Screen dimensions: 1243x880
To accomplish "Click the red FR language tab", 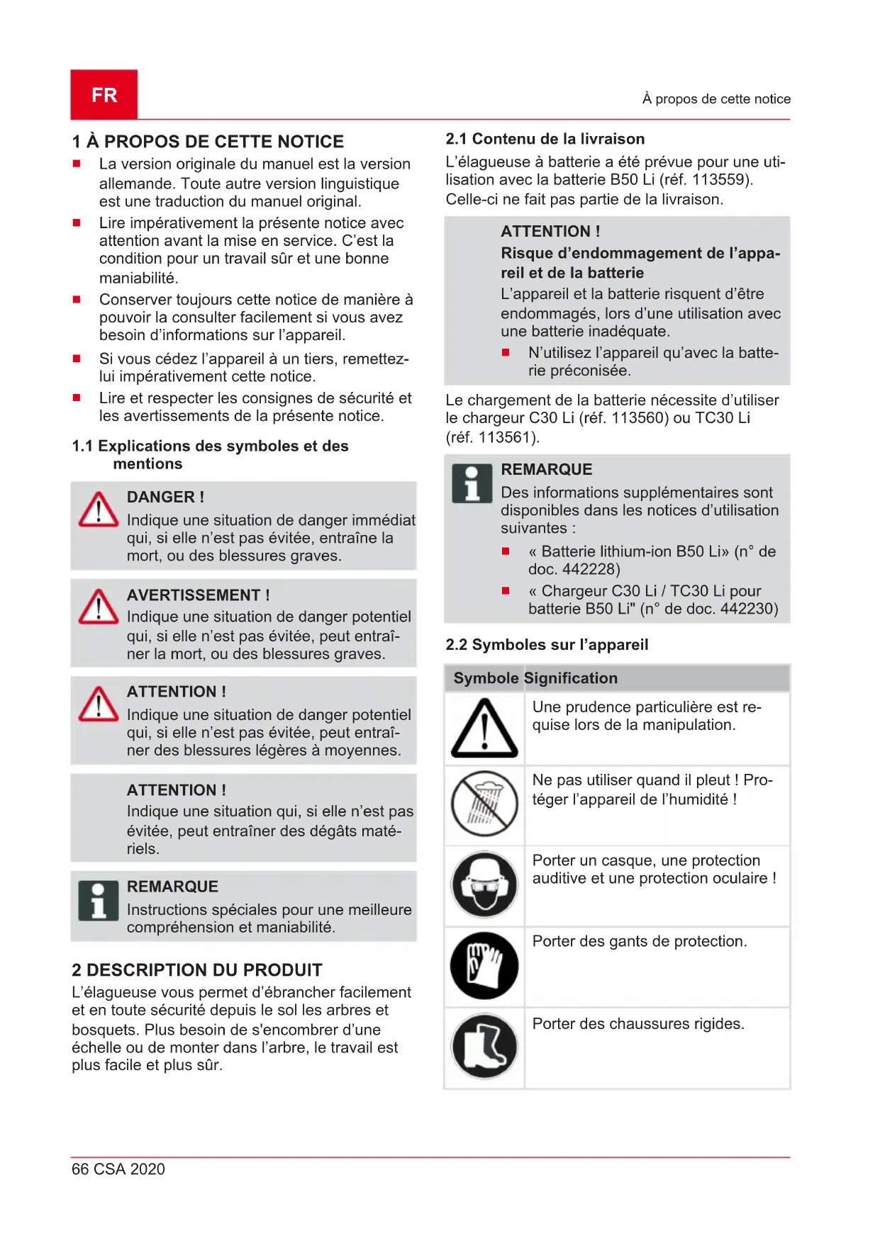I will [104, 94].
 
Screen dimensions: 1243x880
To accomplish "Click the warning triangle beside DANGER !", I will [99, 510].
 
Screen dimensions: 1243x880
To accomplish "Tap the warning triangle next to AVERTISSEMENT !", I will [99, 607].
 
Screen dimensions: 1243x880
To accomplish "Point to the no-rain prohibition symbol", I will [484, 804].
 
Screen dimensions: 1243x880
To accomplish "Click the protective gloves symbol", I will [484, 965].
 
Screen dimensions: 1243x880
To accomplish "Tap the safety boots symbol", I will [484, 1046].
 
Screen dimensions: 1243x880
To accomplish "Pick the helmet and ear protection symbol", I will [484, 884].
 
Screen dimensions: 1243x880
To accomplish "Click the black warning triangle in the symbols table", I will [484, 729].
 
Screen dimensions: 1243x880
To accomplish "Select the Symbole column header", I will [486, 678].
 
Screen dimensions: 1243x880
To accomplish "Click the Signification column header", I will [571, 678].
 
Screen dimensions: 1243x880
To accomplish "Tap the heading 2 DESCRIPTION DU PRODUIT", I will [197, 969].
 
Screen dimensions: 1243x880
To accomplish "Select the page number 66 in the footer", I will [80, 1169].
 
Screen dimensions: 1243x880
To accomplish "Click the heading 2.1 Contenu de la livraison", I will [545, 139].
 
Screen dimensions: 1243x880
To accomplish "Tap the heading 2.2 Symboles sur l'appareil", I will [546, 644].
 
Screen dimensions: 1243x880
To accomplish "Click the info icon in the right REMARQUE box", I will [472, 483].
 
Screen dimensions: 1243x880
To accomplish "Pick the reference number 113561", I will [506, 437].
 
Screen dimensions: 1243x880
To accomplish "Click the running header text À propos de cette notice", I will [715, 99].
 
